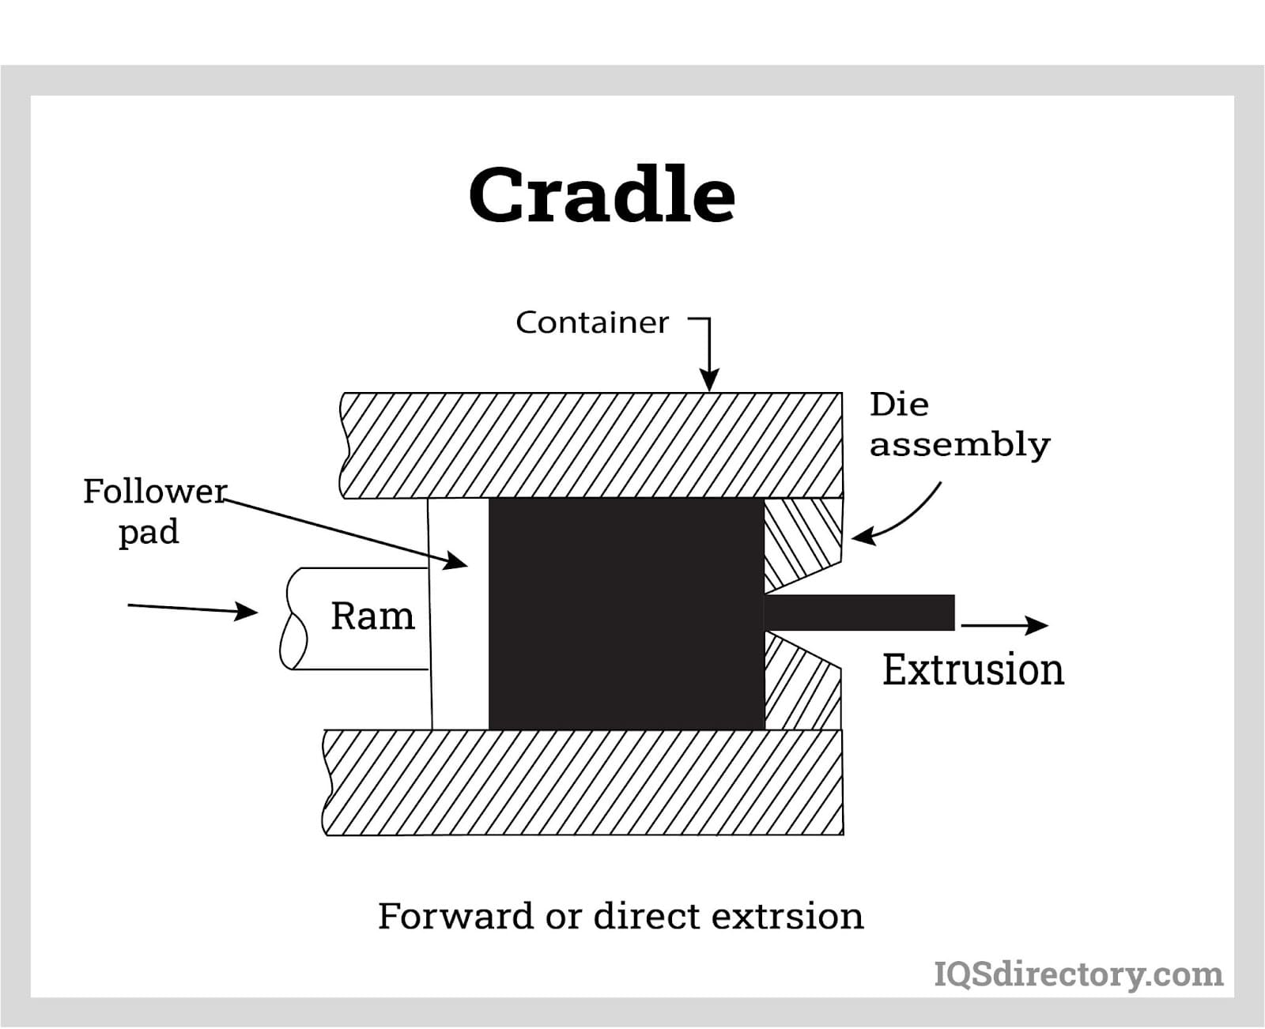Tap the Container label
coord(592,322)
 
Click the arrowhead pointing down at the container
coord(709,379)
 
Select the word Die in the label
coord(899,405)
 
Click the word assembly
coord(960,445)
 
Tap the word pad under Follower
coord(149,532)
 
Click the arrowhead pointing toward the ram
coord(246,611)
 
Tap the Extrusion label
coord(972,669)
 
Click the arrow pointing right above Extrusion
coord(1005,625)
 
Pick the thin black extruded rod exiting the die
coord(859,612)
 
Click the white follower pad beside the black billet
coord(459,613)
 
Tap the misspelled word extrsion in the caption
coord(787,916)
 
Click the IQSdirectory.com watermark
coord(1078,974)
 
